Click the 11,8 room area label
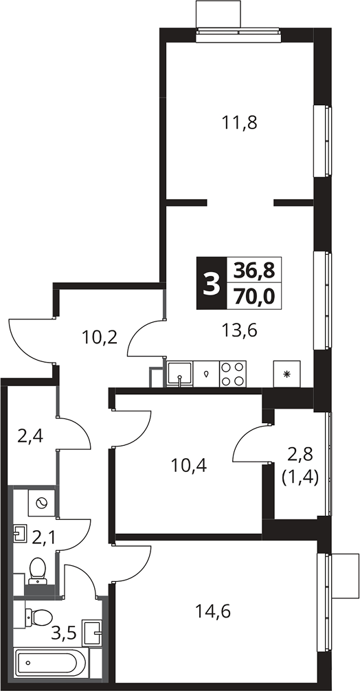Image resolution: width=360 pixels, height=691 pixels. (240, 123)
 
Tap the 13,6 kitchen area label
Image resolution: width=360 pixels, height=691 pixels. (240, 330)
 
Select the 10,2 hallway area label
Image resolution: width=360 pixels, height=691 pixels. (100, 337)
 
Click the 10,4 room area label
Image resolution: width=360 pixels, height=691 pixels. (189, 464)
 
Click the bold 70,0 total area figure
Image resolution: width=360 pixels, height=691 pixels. (254, 297)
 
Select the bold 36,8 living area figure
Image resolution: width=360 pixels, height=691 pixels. (254, 270)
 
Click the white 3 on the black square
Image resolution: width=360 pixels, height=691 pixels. (211, 284)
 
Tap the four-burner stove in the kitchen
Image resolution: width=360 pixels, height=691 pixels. (233, 374)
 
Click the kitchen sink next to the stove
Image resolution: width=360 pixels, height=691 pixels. (180, 374)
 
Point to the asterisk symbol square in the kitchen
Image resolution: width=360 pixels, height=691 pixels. (287, 374)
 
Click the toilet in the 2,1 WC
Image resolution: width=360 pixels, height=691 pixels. (38, 570)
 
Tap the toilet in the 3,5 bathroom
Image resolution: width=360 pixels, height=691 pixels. (38, 616)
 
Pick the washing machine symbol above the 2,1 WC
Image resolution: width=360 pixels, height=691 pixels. (41, 502)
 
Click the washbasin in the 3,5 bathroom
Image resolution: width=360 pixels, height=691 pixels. (93, 632)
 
